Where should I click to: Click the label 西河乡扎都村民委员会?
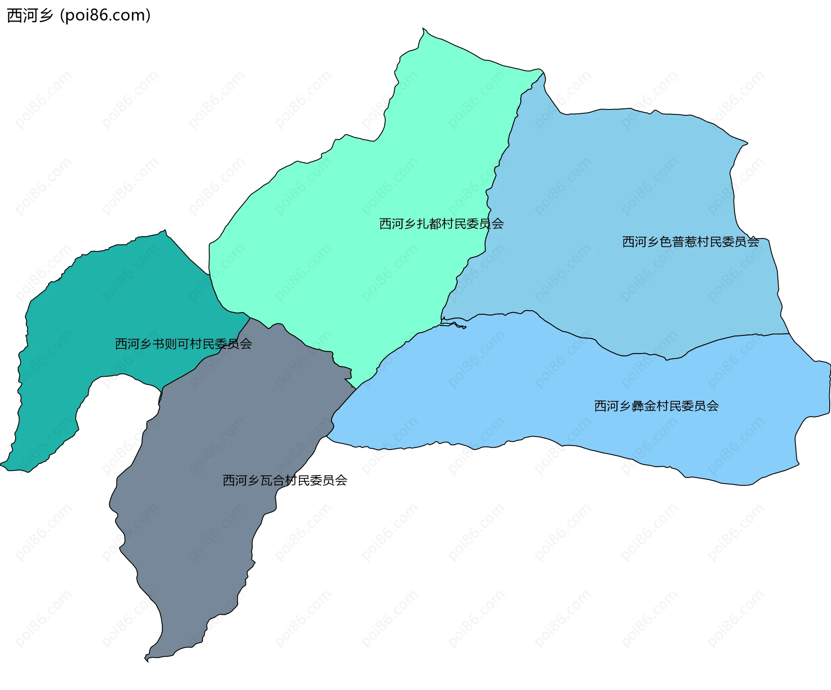pyautogui.click(x=441, y=224)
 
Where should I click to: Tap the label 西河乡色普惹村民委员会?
pyautogui.click(x=690, y=242)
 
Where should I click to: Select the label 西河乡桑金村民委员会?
pyautogui.click(x=656, y=406)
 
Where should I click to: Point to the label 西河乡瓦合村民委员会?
pyautogui.click(x=285, y=480)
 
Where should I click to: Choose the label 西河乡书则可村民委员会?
pyautogui.click(x=183, y=344)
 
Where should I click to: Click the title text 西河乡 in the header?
pyautogui.click(x=30, y=16)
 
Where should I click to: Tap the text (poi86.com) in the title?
pyautogui.click(x=105, y=16)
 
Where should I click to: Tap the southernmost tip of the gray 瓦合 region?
pyautogui.click(x=147, y=661)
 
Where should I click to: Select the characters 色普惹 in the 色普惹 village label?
pyautogui.click(x=678, y=242)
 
